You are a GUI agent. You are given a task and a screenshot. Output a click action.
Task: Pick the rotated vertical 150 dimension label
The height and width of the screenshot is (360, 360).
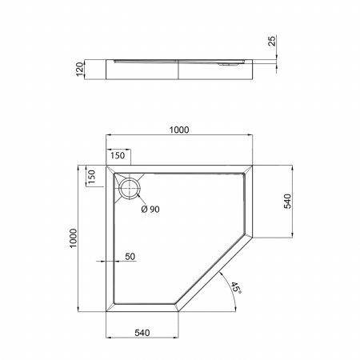(x=91, y=178)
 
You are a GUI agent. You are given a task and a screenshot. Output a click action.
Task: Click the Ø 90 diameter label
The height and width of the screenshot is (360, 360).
(x=150, y=210)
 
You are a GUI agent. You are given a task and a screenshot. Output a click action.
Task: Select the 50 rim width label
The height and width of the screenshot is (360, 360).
(x=130, y=257)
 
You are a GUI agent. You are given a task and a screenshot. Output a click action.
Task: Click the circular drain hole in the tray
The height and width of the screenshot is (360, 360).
(x=129, y=189)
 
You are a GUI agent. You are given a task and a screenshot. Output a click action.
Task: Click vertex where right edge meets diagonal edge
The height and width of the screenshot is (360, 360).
(x=258, y=236)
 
